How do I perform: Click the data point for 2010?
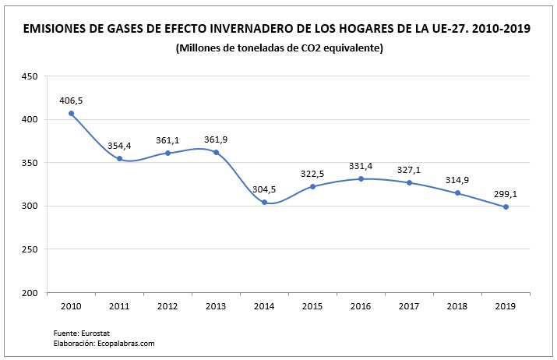coord(71,114)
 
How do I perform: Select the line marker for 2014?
coord(264,203)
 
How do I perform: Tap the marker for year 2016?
coord(361,179)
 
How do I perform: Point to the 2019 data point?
coord(506,206)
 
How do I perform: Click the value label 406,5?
coord(71,101)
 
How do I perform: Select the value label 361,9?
coord(216,139)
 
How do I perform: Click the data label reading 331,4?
coord(361,166)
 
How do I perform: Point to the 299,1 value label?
coord(506,193)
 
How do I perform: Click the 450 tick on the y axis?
coord(30,76)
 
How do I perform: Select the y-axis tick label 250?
coord(30,249)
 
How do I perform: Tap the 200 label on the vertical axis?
coord(30,293)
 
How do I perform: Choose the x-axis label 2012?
coord(167,306)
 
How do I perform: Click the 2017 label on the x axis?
coord(409,306)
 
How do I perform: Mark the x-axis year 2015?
coord(312,306)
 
